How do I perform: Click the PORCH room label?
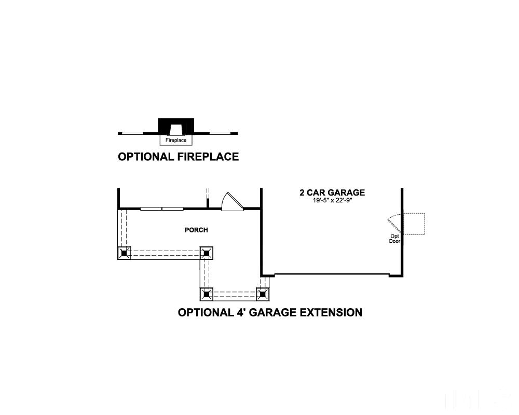196,230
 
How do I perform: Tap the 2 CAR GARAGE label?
332,192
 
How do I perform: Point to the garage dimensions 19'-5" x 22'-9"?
332,200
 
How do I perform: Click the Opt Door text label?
394,239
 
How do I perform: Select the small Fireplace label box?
176,140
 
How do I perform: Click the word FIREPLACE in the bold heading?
208,157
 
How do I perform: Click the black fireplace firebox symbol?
176,126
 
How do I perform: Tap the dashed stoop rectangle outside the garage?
414,224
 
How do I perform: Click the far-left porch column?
124,253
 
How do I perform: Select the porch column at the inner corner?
206,253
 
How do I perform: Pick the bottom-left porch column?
207,294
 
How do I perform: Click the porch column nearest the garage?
263,294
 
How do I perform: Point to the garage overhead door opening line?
332,274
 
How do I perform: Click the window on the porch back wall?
162,209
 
